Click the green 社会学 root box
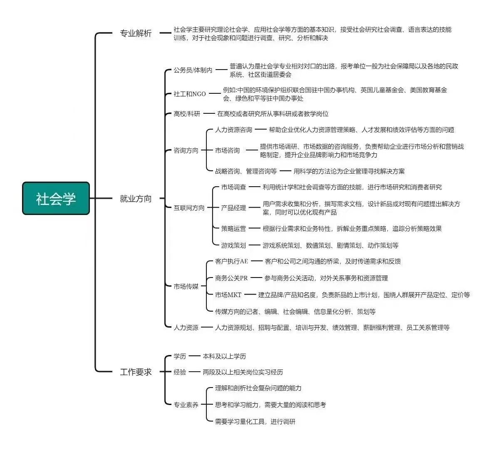click(x=56, y=198)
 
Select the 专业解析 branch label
click(x=136, y=33)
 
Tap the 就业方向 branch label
click(x=136, y=199)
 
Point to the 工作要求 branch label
click(x=136, y=372)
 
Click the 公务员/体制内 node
click(x=193, y=70)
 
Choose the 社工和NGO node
click(x=190, y=94)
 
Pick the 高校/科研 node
click(x=187, y=114)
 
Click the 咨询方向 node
click(x=186, y=150)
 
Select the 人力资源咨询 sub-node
click(x=234, y=130)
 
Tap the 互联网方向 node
click(x=189, y=208)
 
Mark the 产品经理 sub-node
click(x=233, y=208)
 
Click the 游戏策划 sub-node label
click(x=233, y=245)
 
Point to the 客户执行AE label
click(x=231, y=261)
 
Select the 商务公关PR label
click(x=231, y=278)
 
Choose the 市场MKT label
click(x=228, y=295)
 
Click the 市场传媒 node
click(x=186, y=286)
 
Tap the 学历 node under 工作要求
click(x=180, y=356)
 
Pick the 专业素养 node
click(x=186, y=405)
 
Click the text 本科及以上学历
click(x=224, y=356)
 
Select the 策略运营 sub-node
click(x=233, y=228)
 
